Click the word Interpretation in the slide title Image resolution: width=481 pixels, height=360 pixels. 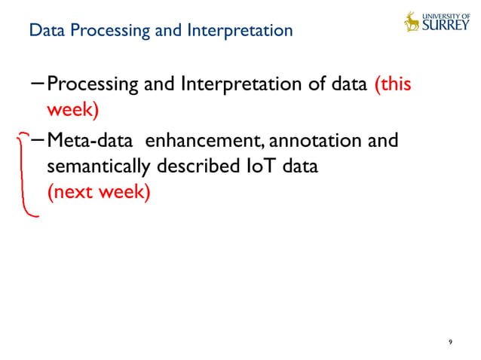(244, 32)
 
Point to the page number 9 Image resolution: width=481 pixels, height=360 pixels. (450, 343)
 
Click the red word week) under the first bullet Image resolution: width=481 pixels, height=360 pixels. (73, 110)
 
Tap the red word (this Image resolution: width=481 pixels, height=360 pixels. (393, 84)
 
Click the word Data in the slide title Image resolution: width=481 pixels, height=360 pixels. (42, 32)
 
